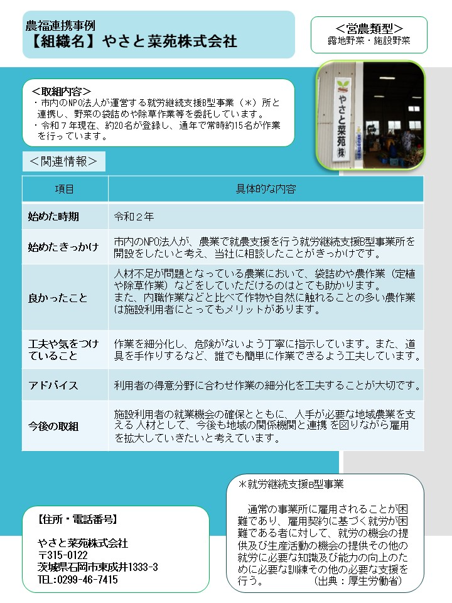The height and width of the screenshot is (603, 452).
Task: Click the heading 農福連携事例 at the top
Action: pyautogui.click(x=60, y=26)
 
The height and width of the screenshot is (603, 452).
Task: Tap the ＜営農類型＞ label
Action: pyautogui.click(x=369, y=28)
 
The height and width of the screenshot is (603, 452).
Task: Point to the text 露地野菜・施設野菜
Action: pyautogui.click(x=369, y=41)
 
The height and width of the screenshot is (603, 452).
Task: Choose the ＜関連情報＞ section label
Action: pyautogui.click(x=63, y=161)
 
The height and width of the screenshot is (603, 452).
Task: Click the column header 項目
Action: pyautogui.click(x=65, y=189)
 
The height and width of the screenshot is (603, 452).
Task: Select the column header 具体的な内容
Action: pyautogui.click(x=266, y=189)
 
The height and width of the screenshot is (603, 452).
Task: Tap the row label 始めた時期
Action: pyautogui.click(x=53, y=217)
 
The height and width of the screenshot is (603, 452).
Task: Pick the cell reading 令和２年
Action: pyautogui.click(x=134, y=217)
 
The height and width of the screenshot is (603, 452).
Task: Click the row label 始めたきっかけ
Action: pyautogui.click(x=63, y=247)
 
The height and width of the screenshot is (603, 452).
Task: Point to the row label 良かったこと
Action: pyautogui.click(x=58, y=298)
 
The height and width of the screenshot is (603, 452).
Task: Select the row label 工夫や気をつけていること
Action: pyautogui.click(x=63, y=350)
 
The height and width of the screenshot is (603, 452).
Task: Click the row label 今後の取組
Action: pyautogui.click(x=53, y=426)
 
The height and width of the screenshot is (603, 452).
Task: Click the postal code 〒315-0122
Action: pyautogui.click(x=63, y=555)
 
